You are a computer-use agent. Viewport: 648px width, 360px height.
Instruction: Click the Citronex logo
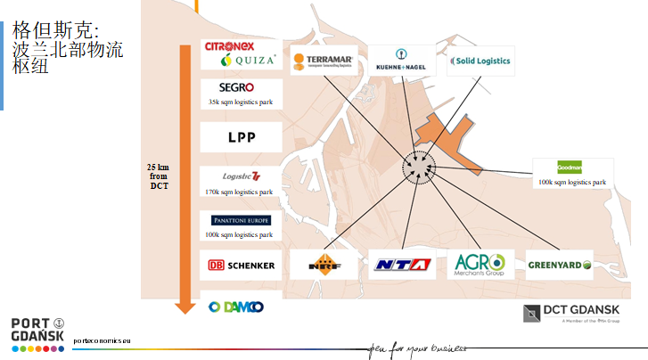229,46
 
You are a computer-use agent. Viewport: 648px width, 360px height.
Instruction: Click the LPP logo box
241,137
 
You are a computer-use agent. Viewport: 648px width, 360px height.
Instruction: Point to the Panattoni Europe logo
241,220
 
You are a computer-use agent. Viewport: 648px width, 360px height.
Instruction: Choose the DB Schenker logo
241,265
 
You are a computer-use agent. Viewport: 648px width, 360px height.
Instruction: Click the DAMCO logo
236,307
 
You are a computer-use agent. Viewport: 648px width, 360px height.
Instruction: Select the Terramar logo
323,61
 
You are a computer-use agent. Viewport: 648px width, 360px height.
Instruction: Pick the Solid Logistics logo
480,61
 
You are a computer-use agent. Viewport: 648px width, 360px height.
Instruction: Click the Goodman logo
572,167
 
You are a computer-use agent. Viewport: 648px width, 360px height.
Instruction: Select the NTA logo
401,265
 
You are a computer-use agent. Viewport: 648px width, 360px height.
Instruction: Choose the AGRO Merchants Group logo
480,264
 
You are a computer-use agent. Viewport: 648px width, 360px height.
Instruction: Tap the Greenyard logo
560,265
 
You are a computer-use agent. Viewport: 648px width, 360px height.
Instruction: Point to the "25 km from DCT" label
159,176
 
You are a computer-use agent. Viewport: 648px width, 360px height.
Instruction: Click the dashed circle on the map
417,166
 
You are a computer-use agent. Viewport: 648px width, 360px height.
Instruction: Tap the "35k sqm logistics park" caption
241,102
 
